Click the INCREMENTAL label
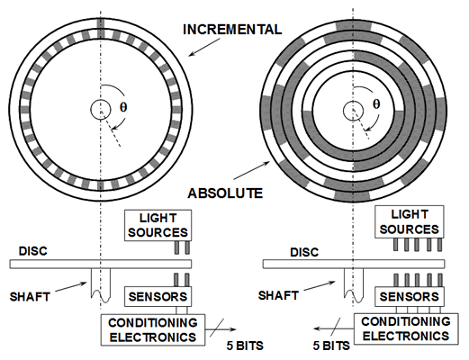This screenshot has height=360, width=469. (x=232, y=30)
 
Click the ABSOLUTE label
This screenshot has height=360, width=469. (x=225, y=193)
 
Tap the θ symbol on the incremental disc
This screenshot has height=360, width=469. (x=123, y=107)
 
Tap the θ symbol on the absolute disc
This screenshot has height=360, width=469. (x=376, y=104)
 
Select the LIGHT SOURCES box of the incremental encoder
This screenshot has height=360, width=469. (x=158, y=225)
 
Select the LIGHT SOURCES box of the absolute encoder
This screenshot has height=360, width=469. (x=410, y=222)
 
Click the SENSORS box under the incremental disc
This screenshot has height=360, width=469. (x=158, y=297)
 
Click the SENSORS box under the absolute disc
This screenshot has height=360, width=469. (x=410, y=297)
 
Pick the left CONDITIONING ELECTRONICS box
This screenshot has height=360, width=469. (x=153, y=330)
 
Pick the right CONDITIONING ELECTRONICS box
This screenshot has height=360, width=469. (x=406, y=328)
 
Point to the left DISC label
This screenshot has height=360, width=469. (x=33, y=251)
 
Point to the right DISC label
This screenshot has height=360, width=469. (x=304, y=252)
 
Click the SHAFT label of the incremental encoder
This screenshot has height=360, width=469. (x=30, y=297)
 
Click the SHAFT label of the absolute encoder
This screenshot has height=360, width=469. (x=278, y=295)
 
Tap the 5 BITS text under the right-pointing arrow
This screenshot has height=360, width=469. (x=245, y=346)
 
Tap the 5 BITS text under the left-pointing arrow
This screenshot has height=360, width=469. (x=331, y=346)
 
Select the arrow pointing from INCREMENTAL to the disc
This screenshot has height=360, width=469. (x=204, y=47)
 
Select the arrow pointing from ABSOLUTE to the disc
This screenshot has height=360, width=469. (x=251, y=170)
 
